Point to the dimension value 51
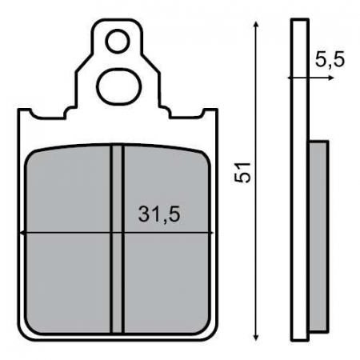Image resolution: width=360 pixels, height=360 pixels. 244,170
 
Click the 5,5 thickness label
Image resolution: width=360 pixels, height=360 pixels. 330,61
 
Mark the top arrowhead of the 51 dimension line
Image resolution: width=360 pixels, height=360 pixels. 255,26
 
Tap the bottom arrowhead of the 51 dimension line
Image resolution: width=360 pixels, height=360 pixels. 255,336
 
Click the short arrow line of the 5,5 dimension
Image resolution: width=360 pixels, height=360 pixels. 301,77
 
